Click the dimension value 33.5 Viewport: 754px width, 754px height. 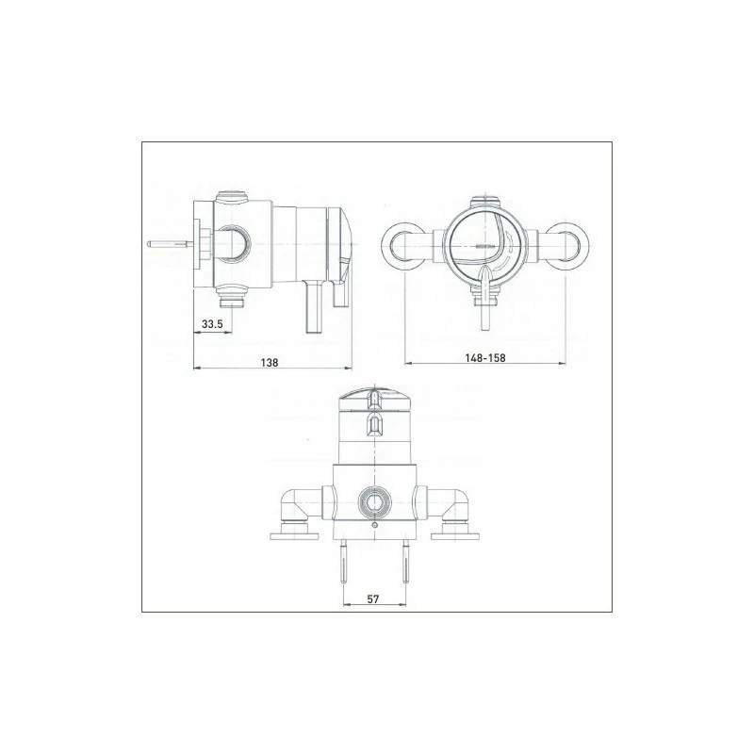[211, 325]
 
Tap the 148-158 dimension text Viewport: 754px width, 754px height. [486, 358]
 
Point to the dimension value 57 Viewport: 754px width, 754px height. [374, 598]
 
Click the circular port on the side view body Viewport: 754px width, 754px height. [235, 243]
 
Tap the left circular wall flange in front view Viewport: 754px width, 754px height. [403, 245]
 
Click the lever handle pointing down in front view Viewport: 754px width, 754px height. [486, 294]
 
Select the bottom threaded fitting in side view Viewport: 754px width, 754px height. [229, 301]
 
